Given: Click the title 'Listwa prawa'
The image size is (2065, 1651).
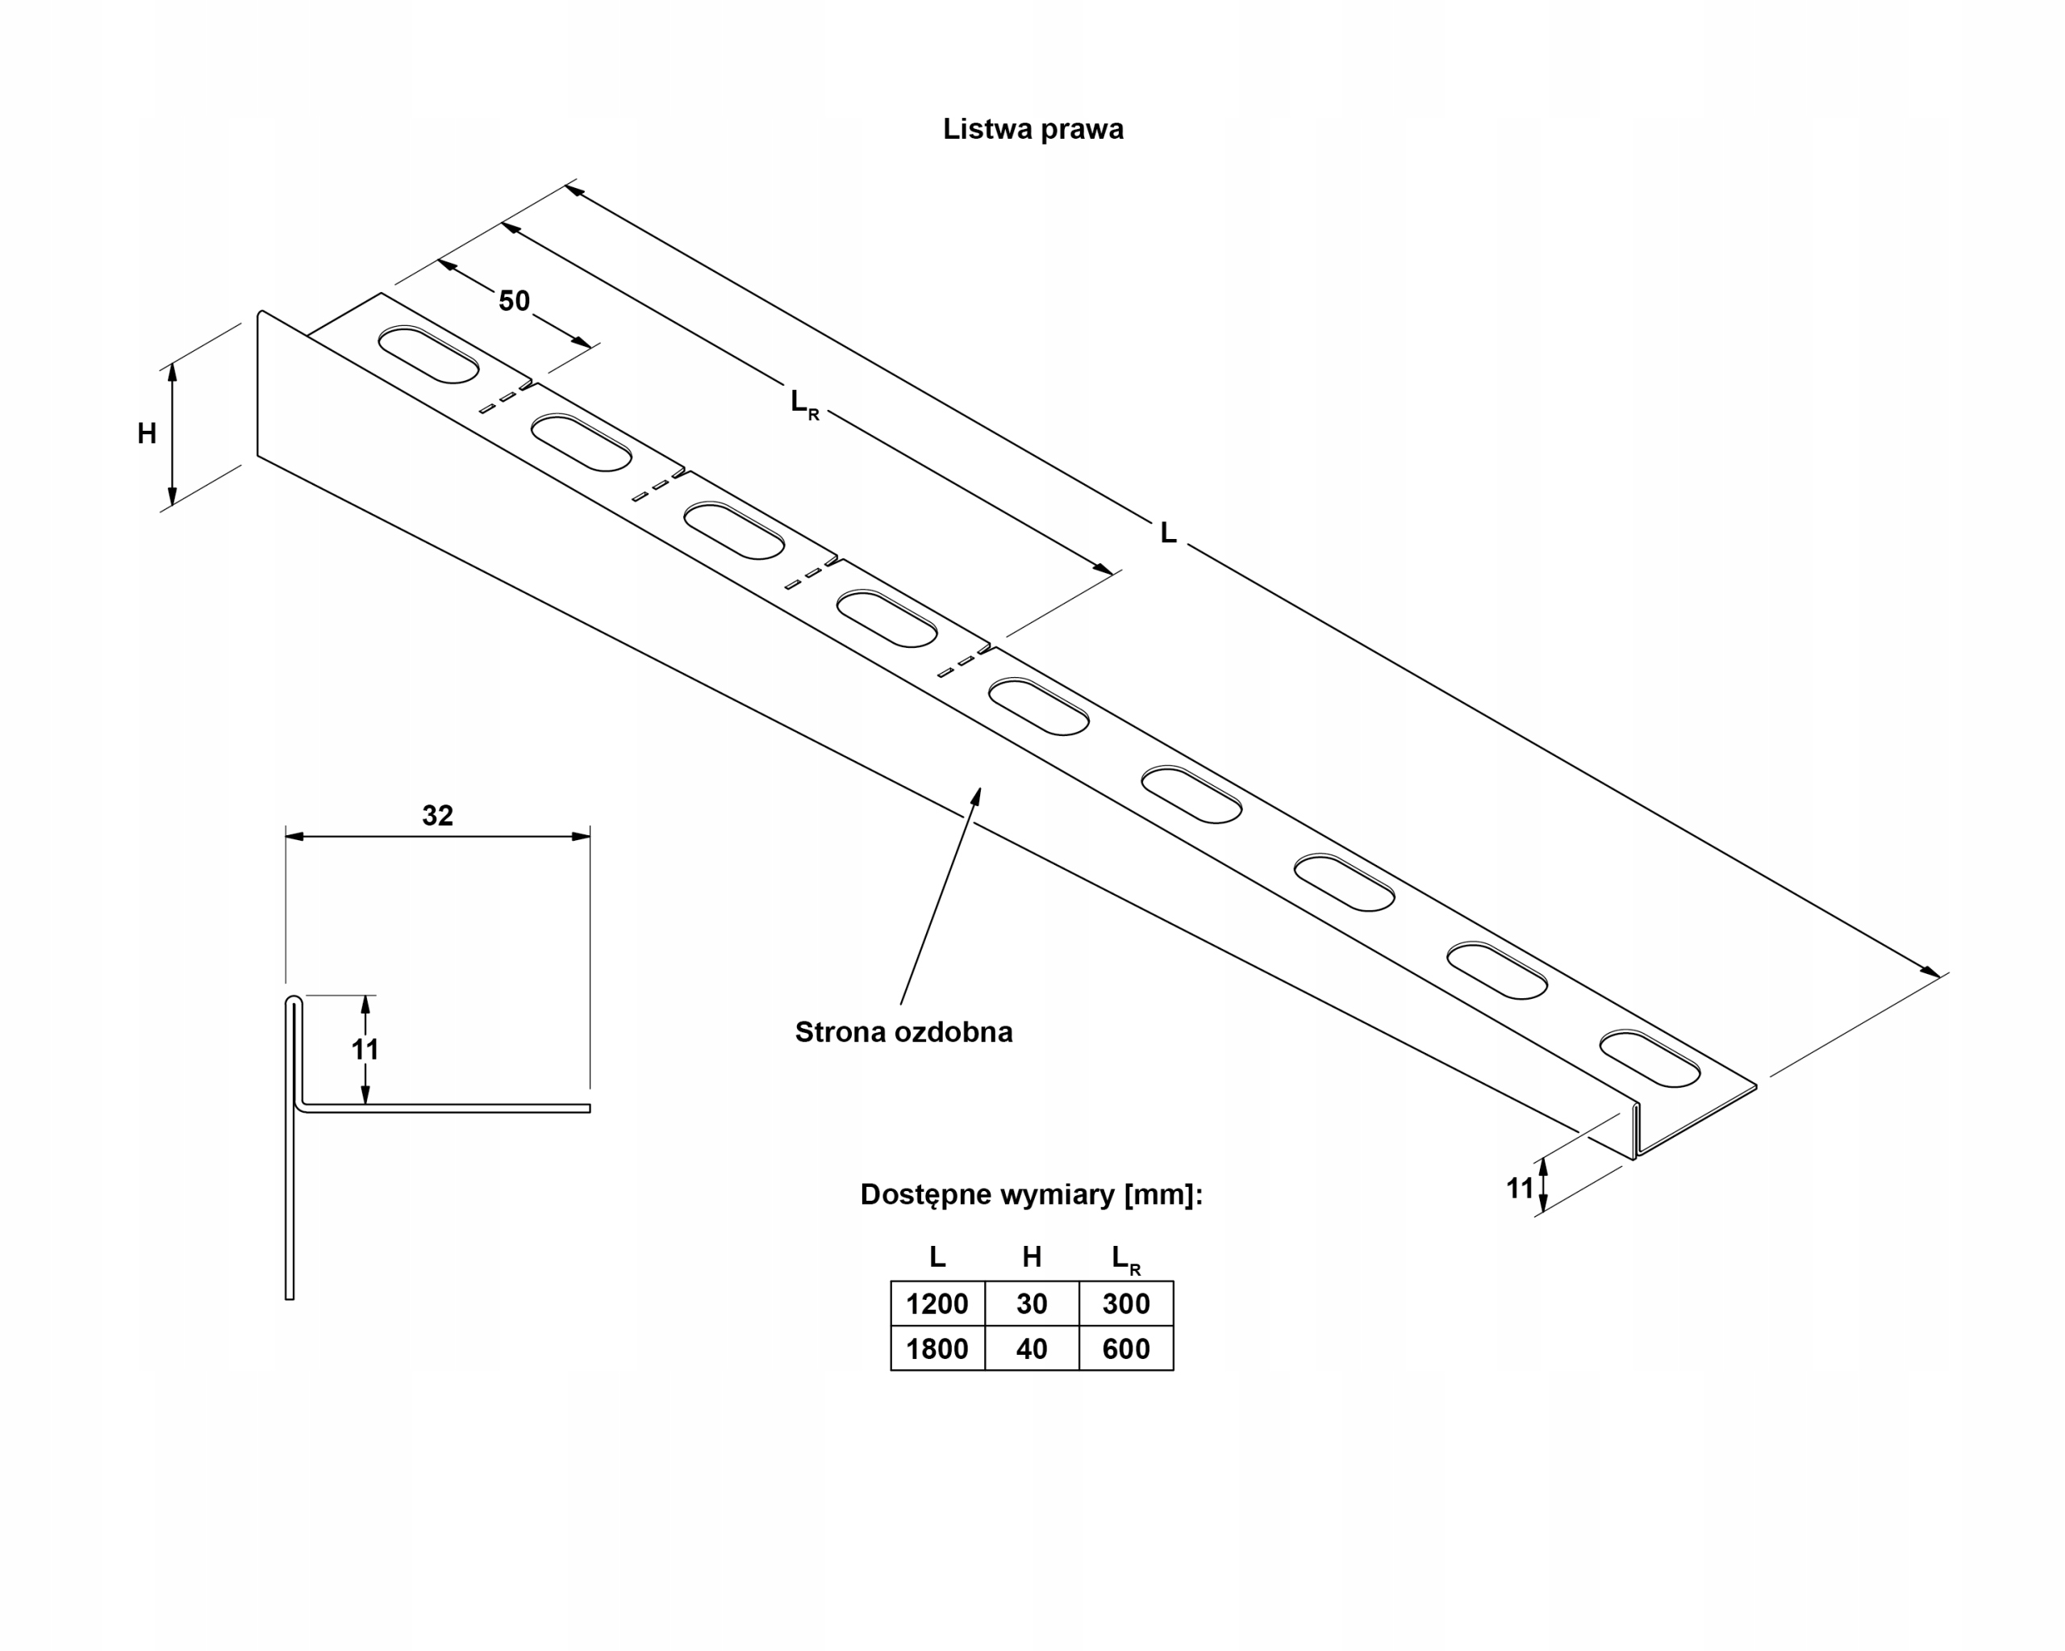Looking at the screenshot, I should pos(1032,129).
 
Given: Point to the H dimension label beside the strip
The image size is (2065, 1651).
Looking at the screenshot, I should pos(147,434).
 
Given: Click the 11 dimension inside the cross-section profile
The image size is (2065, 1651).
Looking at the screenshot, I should pos(365,1049).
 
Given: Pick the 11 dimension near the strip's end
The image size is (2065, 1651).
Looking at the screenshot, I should pos(1519,1189).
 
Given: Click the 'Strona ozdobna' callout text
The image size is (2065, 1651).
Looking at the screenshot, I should pos(903,1032).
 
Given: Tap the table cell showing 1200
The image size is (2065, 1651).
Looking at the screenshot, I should pos(937,1304).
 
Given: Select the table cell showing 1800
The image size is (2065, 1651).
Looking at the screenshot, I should pos(937,1349).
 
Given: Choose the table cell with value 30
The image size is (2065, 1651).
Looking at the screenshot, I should pos(1032,1304).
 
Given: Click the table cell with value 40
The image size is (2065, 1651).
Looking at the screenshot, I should pos(1032,1349).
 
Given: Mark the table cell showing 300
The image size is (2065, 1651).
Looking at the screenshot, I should pos(1125,1304).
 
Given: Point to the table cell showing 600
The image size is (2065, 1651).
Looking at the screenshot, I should pos(1125,1349).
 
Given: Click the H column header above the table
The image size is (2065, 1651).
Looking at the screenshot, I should pos(1032,1256).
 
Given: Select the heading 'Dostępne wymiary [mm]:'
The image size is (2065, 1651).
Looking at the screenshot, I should pos(1032,1194).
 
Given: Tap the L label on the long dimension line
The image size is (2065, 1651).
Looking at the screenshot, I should pos(1167,533).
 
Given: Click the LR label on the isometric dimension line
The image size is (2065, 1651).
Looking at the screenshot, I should pos(803,403).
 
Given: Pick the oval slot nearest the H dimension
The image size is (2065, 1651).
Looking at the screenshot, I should pos(428,354).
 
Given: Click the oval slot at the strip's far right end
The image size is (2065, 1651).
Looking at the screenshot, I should pos(1650,1059).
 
